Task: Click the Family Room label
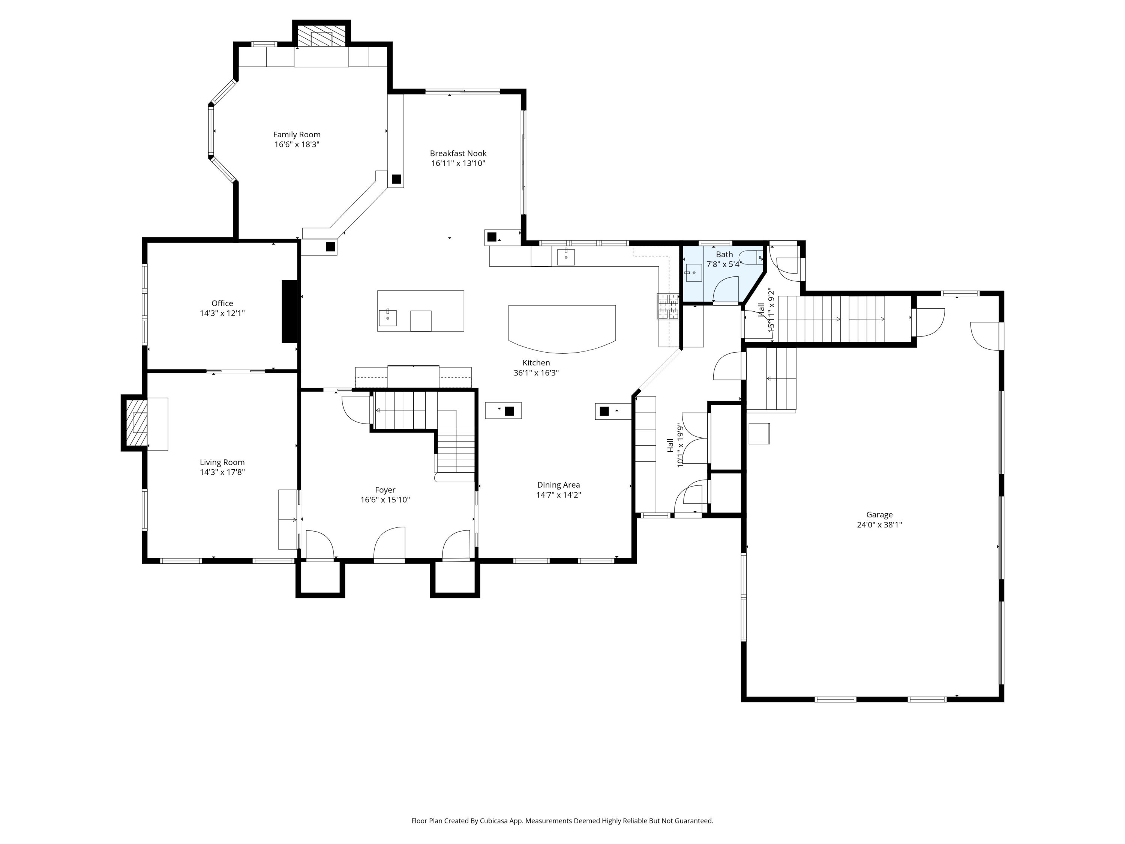point(297,134)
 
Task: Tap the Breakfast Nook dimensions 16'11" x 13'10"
point(458,163)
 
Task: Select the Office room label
point(222,303)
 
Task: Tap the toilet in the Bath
point(752,257)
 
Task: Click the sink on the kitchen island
point(387,317)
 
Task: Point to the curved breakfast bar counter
point(562,328)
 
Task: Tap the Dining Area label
point(558,485)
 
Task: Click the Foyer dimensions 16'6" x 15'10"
point(385,500)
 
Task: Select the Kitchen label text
point(536,363)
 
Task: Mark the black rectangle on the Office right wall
point(289,311)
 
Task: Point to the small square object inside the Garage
point(759,434)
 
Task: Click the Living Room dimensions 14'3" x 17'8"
point(222,472)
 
